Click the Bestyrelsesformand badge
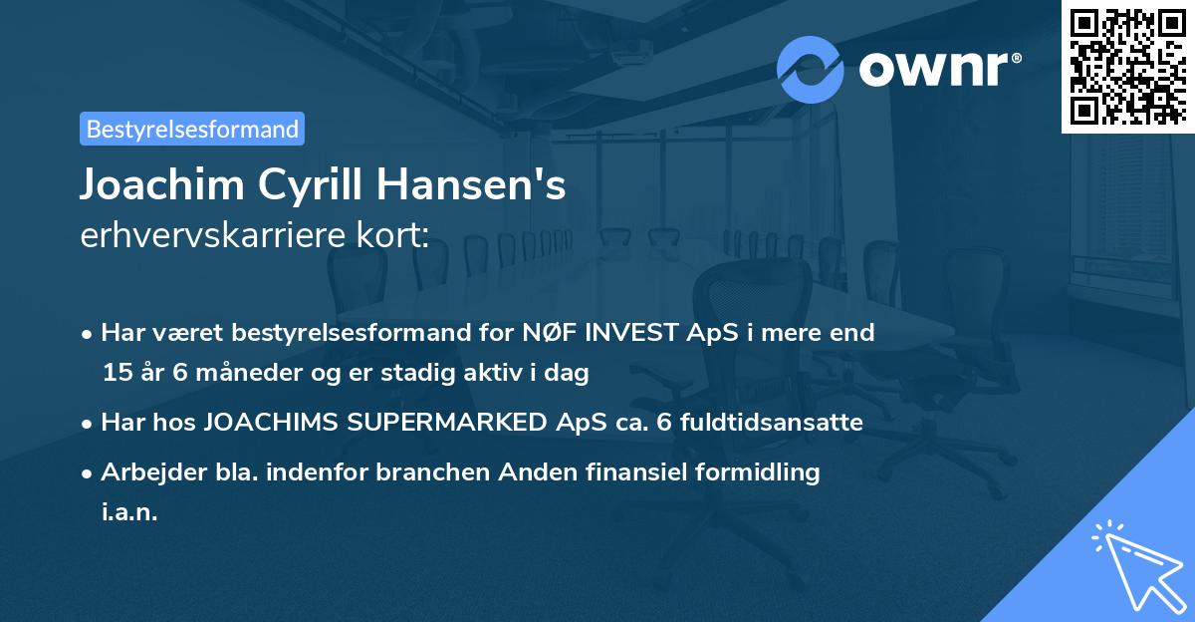pyautogui.click(x=192, y=129)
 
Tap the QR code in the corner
pyautogui.click(x=1125, y=67)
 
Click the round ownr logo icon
pyautogui.click(x=811, y=69)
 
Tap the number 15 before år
pyautogui.click(x=117, y=374)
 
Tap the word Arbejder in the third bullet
pyautogui.click(x=145, y=472)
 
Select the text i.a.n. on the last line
pyautogui.click(x=129, y=512)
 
